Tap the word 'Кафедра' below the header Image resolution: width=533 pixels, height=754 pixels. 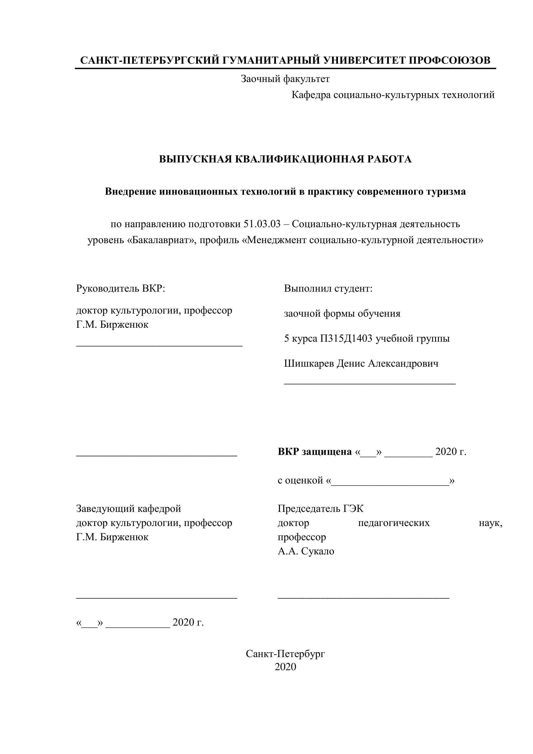pos(311,95)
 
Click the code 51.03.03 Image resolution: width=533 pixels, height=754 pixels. pos(262,224)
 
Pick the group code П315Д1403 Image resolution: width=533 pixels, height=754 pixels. pos(346,339)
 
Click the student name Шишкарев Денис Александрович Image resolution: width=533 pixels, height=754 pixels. pos(361,364)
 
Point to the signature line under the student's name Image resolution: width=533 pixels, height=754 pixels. pos(370,383)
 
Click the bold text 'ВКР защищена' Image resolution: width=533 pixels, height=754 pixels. pos(314,452)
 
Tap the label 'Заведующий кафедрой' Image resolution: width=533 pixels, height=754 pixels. pos(128,509)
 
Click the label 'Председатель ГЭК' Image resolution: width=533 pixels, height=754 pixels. pos(320,509)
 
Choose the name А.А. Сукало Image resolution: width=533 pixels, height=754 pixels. pos(306,551)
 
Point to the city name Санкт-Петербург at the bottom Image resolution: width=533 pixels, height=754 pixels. pos(285,654)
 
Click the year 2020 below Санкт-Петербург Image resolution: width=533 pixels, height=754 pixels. pos(285,667)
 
